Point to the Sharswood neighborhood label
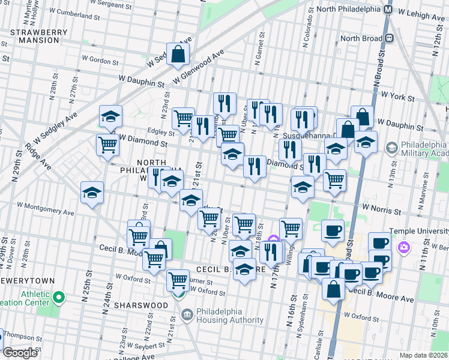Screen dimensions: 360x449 [x=143, y=305]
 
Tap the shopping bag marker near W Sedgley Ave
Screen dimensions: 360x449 [x=179, y=55]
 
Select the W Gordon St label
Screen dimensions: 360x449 [x=101, y=60]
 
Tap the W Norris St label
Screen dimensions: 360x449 [x=380, y=211]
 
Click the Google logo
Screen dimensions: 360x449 [x=20, y=353]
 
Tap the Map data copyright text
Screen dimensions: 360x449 [x=423, y=355]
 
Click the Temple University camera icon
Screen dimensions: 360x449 [x=404, y=247]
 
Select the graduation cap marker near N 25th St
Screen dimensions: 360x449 [x=92, y=193]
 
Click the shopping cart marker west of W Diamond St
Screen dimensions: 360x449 [x=107, y=145]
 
